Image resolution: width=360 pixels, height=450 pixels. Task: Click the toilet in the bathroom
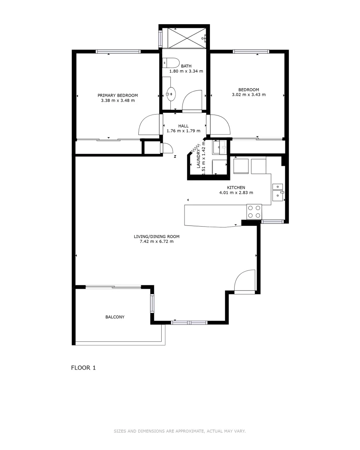click(x=170, y=63)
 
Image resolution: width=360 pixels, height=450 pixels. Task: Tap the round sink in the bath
click(x=170, y=94)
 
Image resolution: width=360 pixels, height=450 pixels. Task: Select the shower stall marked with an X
click(x=184, y=37)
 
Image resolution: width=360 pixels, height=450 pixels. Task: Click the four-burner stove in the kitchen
click(x=254, y=211)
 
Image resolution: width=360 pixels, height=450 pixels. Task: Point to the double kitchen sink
click(x=277, y=190)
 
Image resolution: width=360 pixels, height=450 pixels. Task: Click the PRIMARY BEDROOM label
click(x=117, y=95)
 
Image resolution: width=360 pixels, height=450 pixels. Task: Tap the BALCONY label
click(x=115, y=317)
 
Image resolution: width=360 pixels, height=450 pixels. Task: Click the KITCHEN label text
click(x=236, y=187)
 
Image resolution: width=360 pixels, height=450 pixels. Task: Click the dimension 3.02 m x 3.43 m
click(x=249, y=95)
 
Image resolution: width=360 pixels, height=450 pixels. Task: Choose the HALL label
click(x=183, y=126)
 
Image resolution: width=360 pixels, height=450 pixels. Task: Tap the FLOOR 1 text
click(x=84, y=368)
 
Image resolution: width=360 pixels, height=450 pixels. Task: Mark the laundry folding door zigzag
click(x=195, y=148)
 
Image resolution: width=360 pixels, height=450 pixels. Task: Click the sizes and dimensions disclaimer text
click(x=180, y=431)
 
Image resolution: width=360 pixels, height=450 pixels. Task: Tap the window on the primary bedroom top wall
click(x=118, y=52)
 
